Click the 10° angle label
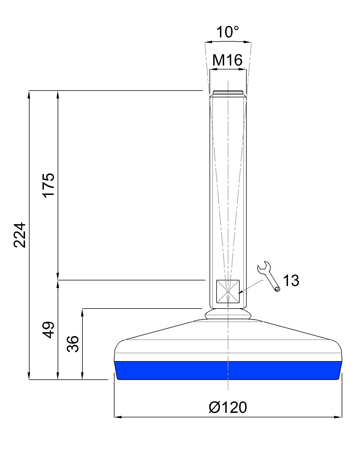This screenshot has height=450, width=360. (x=227, y=32)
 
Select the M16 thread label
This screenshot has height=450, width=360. (x=227, y=60)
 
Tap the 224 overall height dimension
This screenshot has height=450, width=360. (x=20, y=235)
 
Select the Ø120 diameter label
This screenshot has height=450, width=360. (x=228, y=408)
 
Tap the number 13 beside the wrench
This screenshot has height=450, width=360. (x=291, y=280)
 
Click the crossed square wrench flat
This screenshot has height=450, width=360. (x=228, y=291)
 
